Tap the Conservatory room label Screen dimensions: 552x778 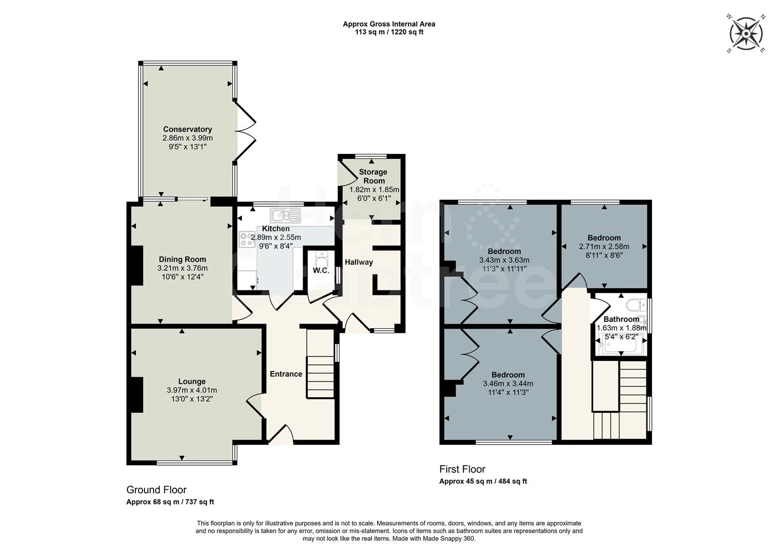[x=187, y=129]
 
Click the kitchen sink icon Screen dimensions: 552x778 [x=286, y=215]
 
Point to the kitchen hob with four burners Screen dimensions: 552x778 [x=247, y=239]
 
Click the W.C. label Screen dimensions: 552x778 [x=321, y=270]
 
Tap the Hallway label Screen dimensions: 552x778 [x=358, y=262]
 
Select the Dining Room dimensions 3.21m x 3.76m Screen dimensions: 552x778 [x=182, y=268]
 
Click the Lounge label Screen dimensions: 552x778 [x=192, y=381]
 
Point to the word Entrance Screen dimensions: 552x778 [x=286, y=374]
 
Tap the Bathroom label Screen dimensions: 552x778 [x=621, y=319]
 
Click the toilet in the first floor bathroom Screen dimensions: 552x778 [x=636, y=305]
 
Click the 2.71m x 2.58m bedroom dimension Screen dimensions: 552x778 [x=604, y=246]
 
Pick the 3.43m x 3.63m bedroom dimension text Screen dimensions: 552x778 [x=504, y=260]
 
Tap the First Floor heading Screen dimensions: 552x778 [x=462, y=469]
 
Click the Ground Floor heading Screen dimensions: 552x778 [x=156, y=490]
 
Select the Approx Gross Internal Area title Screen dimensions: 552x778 [x=389, y=24]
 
